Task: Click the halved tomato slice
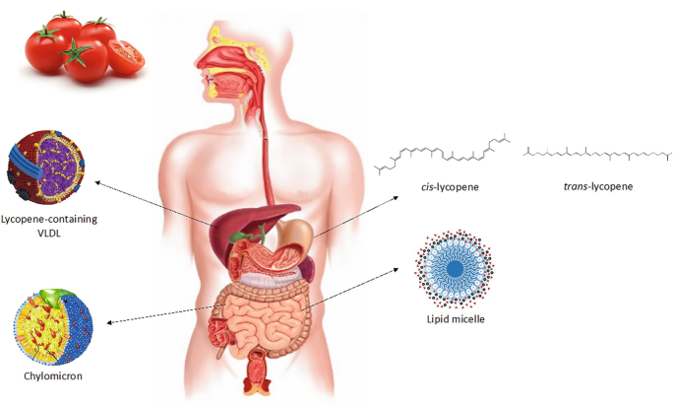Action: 126,58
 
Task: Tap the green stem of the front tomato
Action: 76,49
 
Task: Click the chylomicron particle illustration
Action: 52,324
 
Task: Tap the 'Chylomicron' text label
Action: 52,376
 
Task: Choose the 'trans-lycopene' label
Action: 599,185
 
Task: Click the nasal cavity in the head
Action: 221,58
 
